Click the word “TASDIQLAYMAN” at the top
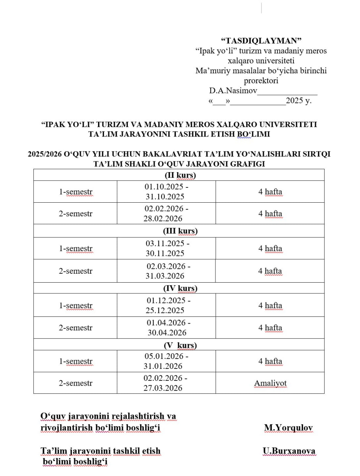click(261, 41)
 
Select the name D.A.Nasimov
click(233, 90)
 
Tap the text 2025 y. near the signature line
click(298, 100)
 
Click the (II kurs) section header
click(180, 175)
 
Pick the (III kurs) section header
click(180, 231)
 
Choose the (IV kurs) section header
click(180, 288)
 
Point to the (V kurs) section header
click(180, 345)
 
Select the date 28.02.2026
click(163, 219)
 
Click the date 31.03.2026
click(165, 276)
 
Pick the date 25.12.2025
click(165, 311)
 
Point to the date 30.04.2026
click(167, 333)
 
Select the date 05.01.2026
click(164, 356)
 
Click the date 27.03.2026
click(163, 388)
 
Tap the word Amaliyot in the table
click(270, 383)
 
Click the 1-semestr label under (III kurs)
click(76, 248)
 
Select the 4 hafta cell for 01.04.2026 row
click(270, 328)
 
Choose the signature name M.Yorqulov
click(288, 428)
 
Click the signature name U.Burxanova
click(289, 451)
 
